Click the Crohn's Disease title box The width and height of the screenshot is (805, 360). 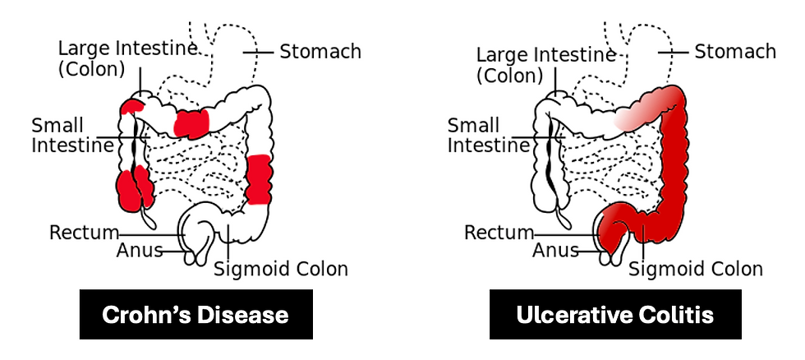click(195, 314)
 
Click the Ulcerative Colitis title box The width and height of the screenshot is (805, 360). click(615, 314)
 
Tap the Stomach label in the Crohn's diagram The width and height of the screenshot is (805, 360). click(320, 52)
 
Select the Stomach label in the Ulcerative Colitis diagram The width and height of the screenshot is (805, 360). click(734, 52)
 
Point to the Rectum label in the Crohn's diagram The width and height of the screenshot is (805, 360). click(84, 232)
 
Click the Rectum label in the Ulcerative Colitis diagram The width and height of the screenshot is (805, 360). click(499, 233)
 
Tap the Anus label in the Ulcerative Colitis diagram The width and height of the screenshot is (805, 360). click(556, 250)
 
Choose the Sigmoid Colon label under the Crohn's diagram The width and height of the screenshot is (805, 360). click(281, 270)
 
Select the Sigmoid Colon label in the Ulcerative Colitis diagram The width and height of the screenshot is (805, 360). click(696, 270)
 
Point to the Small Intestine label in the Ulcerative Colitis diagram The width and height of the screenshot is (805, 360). click(487, 136)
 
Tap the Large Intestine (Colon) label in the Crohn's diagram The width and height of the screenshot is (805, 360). click(127, 58)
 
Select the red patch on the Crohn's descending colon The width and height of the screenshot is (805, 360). click(260, 178)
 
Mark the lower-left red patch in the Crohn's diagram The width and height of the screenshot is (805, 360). click(134, 189)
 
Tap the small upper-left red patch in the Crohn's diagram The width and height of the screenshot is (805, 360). click(131, 107)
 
